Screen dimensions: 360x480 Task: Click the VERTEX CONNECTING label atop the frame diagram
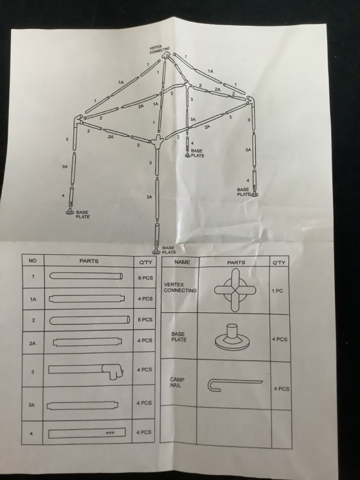[x=159, y=50]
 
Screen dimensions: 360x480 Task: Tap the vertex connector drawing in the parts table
[x=235, y=290]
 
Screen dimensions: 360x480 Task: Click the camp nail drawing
[x=235, y=385]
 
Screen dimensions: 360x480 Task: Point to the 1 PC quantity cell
[x=277, y=291]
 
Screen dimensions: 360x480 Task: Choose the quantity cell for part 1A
[x=145, y=299]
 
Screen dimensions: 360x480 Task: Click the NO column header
[x=32, y=260]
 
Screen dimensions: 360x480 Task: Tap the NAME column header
[x=182, y=262]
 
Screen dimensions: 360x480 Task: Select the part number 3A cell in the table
[x=32, y=405]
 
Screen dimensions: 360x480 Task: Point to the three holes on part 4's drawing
[x=110, y=433]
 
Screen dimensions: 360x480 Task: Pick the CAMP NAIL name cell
[x=177, y=382]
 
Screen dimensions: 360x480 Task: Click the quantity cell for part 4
[x=144, y=432]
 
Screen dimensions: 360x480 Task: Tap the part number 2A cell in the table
[x=32, y=344]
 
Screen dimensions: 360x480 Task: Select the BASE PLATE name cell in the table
[x=179, y=337]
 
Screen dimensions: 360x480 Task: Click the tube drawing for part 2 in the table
[x=90, y=320]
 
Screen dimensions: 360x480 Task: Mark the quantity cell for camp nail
[x=281, y=389]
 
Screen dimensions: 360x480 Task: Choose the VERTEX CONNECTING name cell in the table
[x=180, y=288]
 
